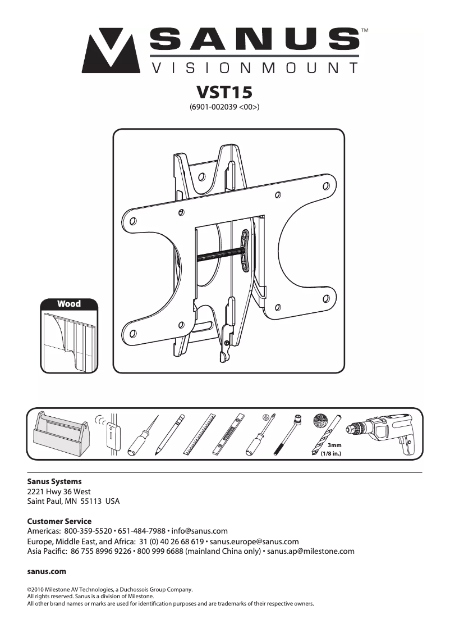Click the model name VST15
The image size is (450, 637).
point(224,92)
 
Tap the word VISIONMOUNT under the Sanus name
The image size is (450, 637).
point(255,69)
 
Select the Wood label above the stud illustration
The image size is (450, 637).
point(69,304)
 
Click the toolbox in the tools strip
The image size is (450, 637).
point(58,435)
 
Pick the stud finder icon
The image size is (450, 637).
point(112,435)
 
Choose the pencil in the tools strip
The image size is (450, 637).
point(170,435)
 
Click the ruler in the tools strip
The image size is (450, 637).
point(200,434)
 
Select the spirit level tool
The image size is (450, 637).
point(229,434)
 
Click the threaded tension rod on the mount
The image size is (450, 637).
point(219,254)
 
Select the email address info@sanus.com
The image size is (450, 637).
point(199,531)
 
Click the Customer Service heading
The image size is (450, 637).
point(59,521)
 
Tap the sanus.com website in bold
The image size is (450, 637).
point(47,571)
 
